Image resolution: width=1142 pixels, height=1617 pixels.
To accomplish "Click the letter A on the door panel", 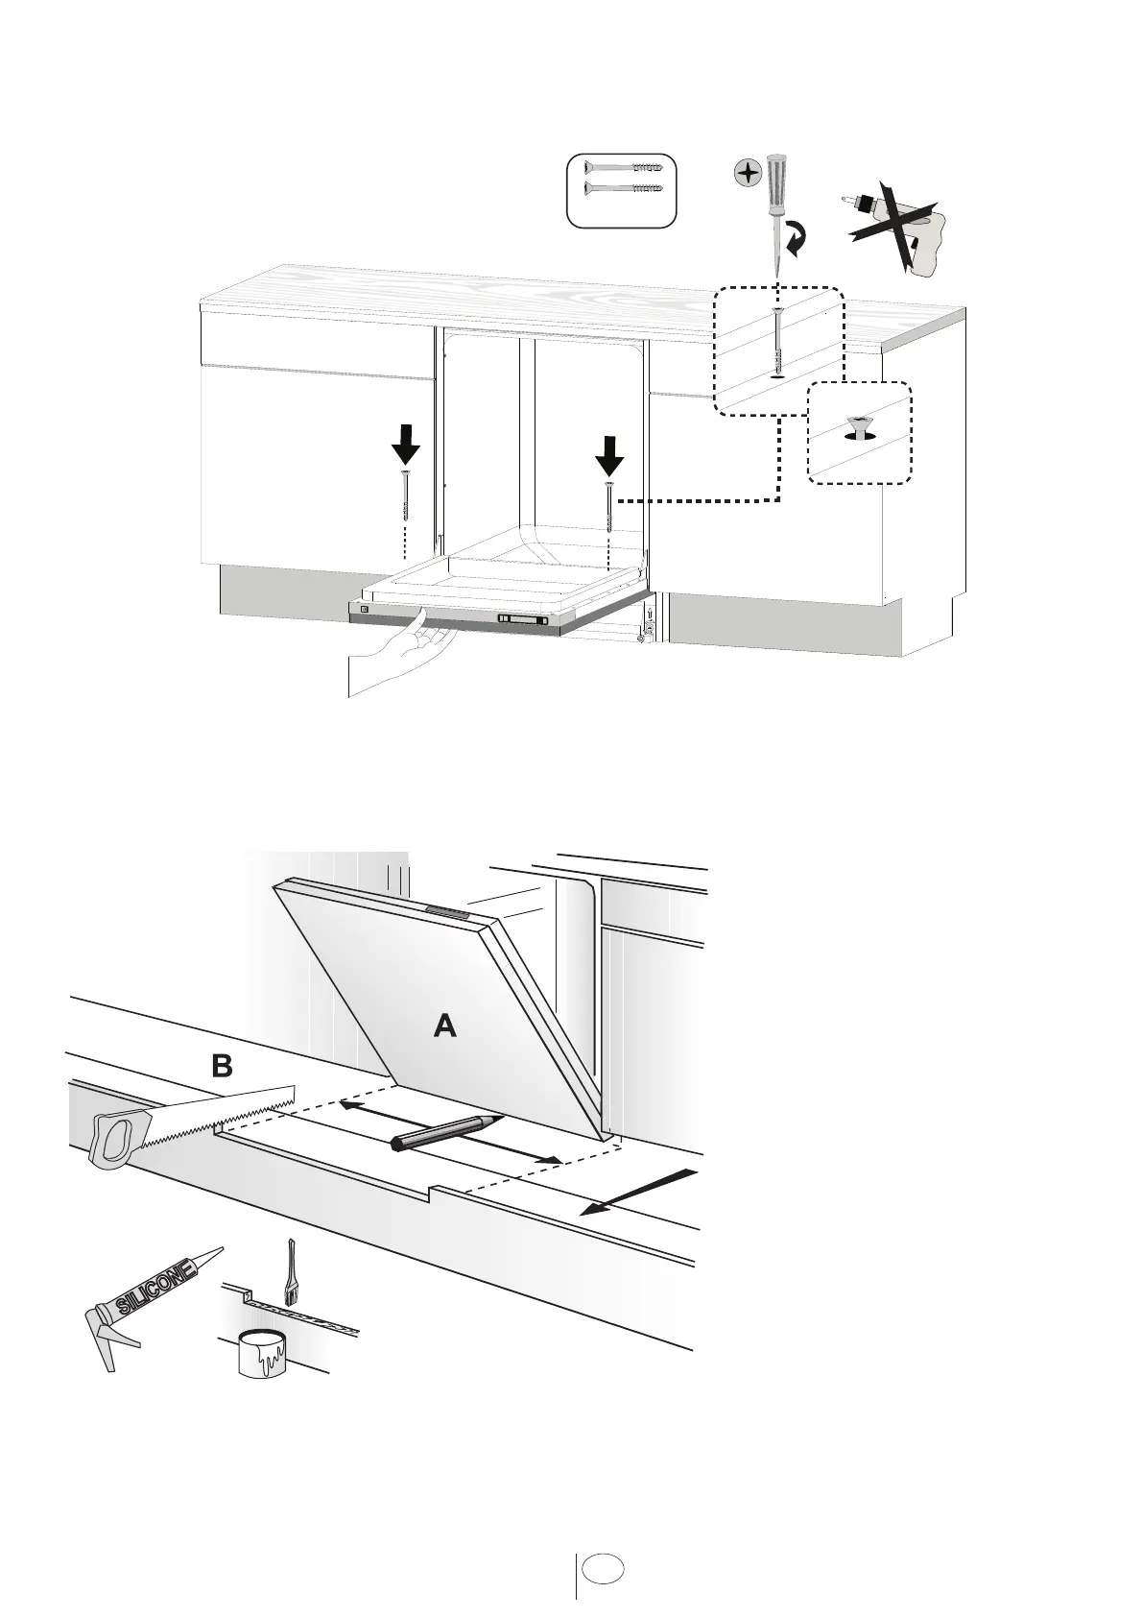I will pos(444,1027).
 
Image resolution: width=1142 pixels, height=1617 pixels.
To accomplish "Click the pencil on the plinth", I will pos(445,1133).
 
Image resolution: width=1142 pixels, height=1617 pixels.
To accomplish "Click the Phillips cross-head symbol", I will pos(746,174).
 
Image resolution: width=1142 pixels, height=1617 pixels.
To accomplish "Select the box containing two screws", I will pos(621,190).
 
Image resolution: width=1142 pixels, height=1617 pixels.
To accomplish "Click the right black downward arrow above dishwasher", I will pos(608,454).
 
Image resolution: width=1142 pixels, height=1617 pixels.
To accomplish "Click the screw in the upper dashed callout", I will pos(777,341).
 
